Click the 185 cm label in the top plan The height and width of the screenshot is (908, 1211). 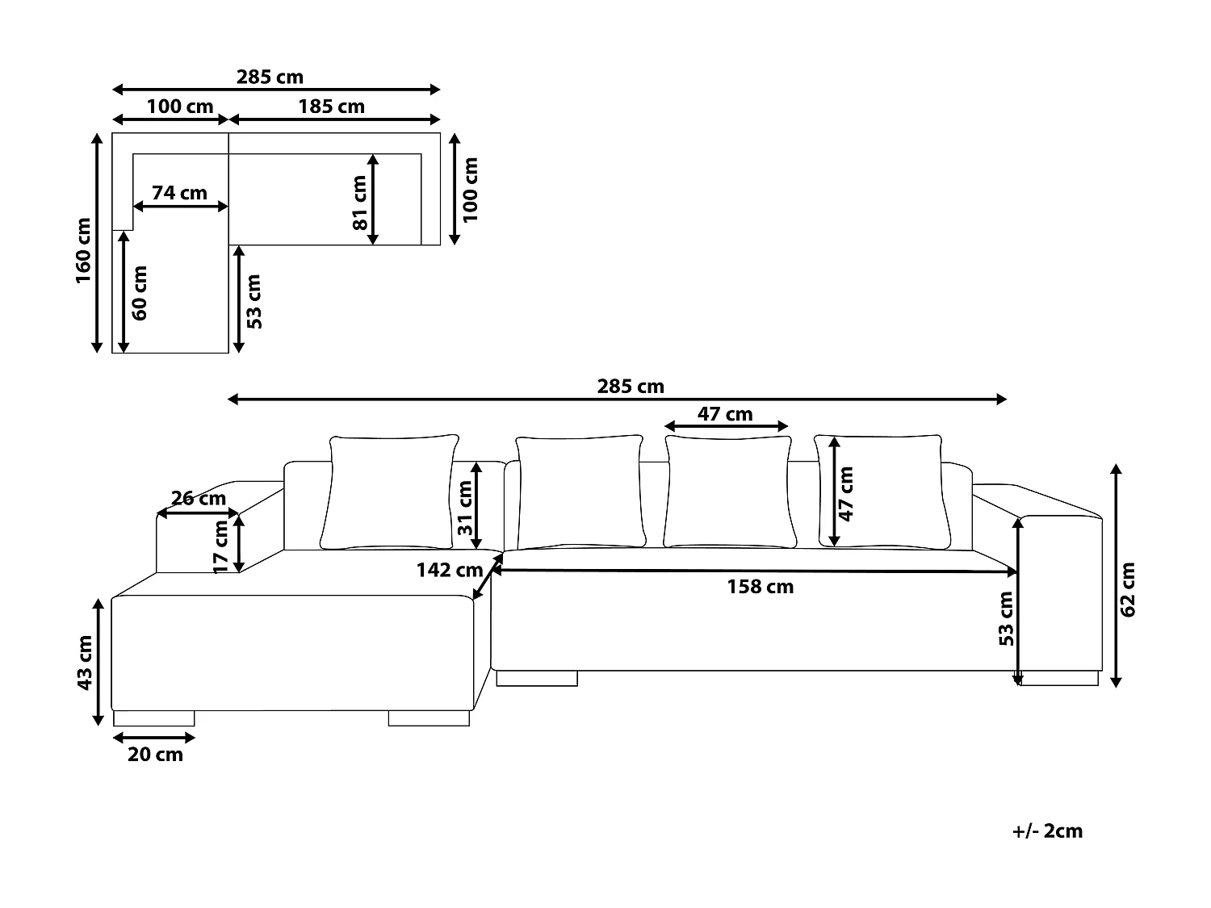pos(331,107)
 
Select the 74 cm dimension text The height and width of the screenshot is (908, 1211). pos(179,193)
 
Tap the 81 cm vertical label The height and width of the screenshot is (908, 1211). pos(359,203)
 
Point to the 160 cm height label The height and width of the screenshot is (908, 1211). pos(83,250)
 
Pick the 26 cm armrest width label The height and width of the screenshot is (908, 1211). pos(199,498)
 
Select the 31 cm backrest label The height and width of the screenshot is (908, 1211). pos(464,508)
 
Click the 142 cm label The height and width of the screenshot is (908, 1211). pos(449,570)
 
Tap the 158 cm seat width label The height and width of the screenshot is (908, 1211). pos(760,587)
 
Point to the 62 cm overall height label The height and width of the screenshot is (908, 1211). pos(1129,590)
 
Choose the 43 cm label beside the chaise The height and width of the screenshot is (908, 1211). pos(84,662)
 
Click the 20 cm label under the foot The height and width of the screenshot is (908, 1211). pos(155,755)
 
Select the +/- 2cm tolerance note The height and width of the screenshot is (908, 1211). pos(1047,831)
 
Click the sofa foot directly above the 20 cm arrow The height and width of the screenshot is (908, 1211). pos(154,718)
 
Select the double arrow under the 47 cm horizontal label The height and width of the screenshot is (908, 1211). pos(726,426)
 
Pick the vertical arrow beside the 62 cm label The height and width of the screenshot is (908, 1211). pos(1116,575)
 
